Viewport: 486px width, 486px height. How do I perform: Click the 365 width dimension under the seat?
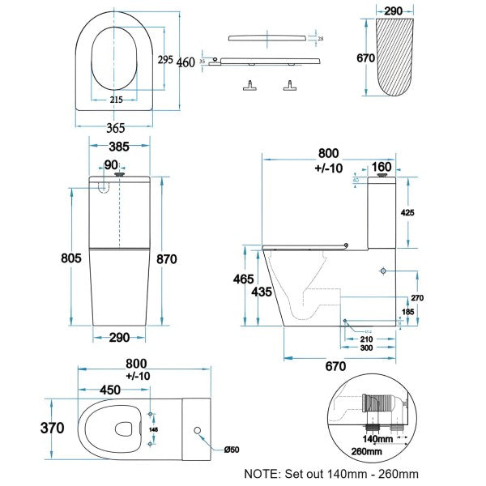point(115,127)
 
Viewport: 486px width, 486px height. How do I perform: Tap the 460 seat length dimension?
point(185,64)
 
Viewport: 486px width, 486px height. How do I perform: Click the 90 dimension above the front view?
point(111,166)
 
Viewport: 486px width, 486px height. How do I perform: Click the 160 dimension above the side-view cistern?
point(382,168)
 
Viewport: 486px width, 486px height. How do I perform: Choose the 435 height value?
point(261,291)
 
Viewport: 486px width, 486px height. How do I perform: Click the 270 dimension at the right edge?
point(417,298)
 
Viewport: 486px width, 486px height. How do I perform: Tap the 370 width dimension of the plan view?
point(52,428)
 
